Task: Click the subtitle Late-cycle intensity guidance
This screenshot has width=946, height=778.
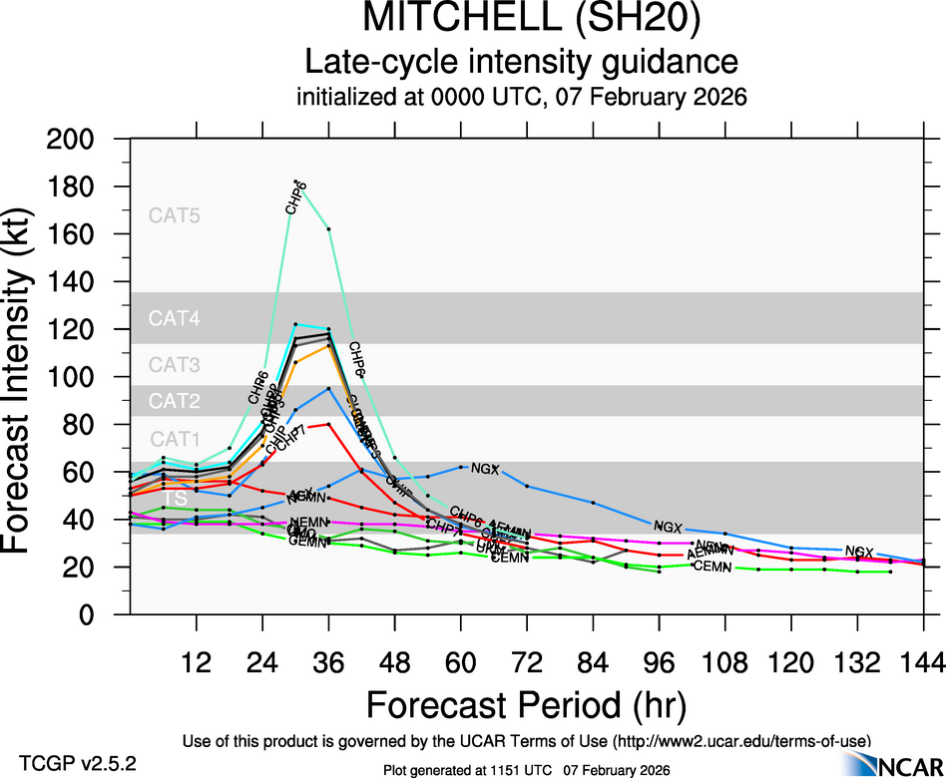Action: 522,62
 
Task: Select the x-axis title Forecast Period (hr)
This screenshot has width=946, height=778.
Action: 526,704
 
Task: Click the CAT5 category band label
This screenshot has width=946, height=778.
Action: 175,214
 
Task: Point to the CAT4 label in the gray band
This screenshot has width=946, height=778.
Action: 175,319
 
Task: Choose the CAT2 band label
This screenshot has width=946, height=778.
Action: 175,401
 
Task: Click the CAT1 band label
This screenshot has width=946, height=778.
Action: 175,439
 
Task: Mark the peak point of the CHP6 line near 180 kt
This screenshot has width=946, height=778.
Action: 297,183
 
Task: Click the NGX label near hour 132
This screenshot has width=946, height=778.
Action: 859,552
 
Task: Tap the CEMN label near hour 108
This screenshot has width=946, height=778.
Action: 712,567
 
